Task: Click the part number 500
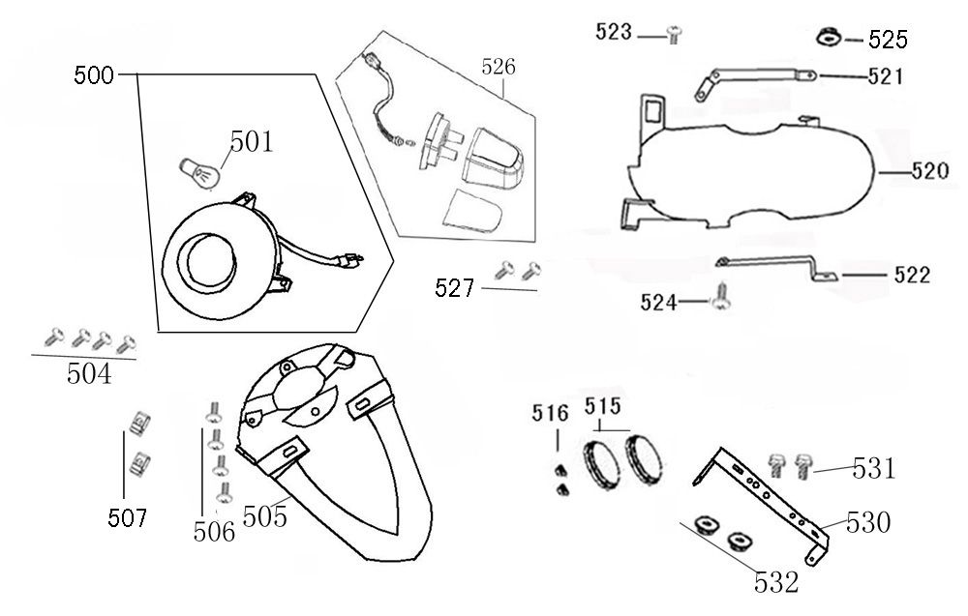(x=94, y=75)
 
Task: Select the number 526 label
(x=499, y=67)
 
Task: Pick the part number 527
(x=455, y=287)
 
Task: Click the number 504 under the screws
(x=88, y=373)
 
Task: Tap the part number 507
(x=128, y=519)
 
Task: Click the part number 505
(x=264, y=517)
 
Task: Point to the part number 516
(x=550, y=415)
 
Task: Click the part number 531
(x=874, y=471)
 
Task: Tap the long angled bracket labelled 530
(x=774, y=498)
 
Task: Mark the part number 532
(x=778, y=582)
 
